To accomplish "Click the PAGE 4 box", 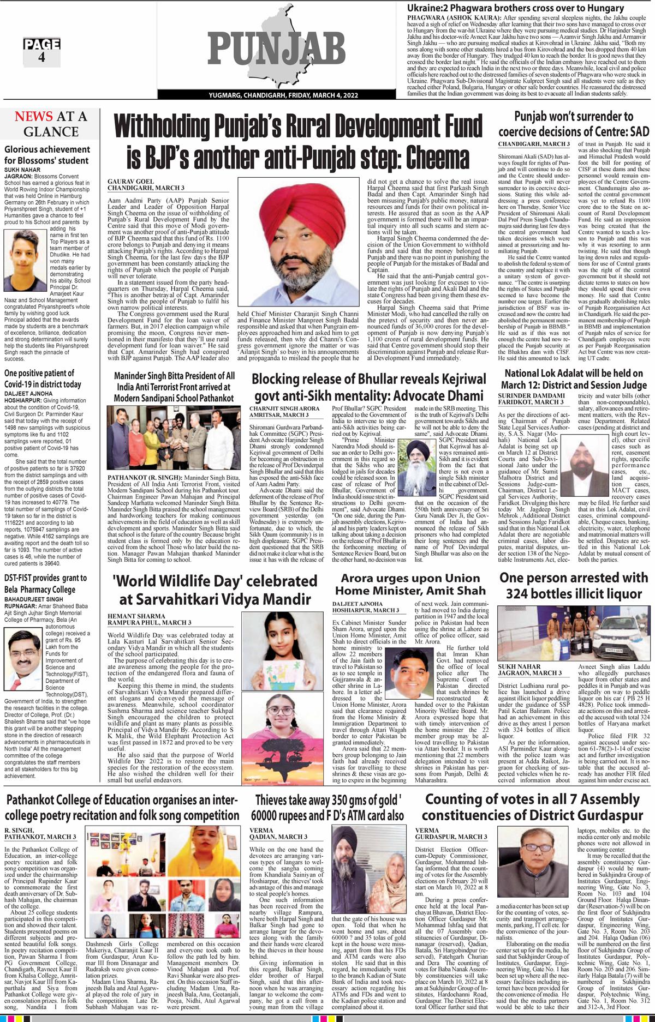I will click(x=41, y=52).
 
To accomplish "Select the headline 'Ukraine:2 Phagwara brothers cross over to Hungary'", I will click(x=516, y=8).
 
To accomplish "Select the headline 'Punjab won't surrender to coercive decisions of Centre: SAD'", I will click(x=573, y=124).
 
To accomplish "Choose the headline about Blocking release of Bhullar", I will click(x=367, y=387).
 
